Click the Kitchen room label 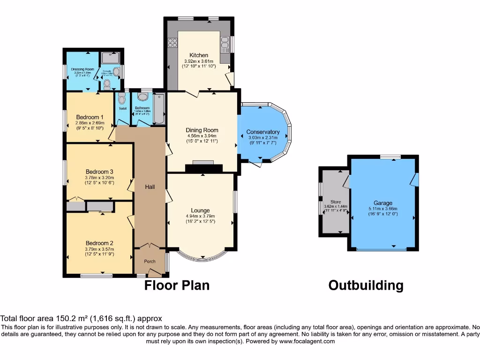point(199,55)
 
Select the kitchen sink point(225,45)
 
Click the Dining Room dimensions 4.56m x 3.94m point(202,136)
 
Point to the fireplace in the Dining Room point(202,167)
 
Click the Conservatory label point(263,132)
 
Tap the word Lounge point(200,210)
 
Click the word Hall point(150,187)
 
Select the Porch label point(150,261)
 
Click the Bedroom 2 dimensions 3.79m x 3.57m point(99,249)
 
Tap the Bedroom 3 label point(99,172)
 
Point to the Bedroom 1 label point(90,117)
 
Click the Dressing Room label point(82,69)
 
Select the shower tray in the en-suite point(110,58)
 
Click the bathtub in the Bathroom point(158,109)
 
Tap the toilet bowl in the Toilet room point(122,100)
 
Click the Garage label point(383,203)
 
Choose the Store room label point(336,202)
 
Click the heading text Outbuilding point(366,285)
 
